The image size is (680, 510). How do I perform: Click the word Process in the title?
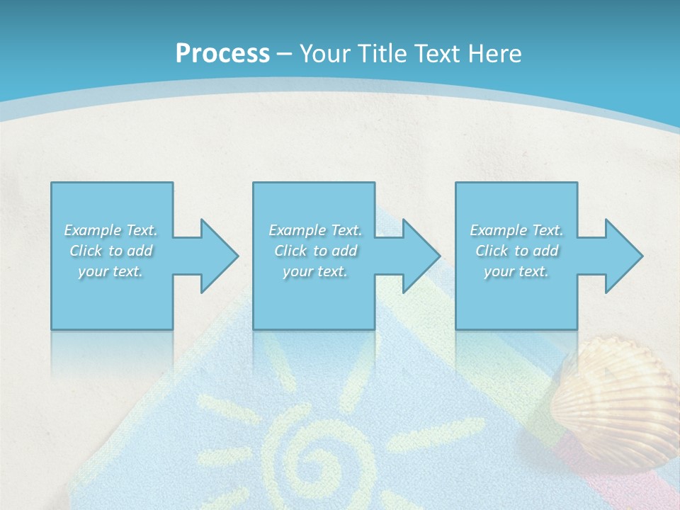[x=222, y=54]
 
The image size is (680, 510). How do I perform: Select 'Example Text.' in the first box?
[x=111, y=230]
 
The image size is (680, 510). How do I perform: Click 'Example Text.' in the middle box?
[x=315, y=230]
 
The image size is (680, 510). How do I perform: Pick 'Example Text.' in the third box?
[x=516, y=230]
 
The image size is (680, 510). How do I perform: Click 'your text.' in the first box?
[x=111, y=271]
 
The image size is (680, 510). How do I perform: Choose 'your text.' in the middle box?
[x=315, y=271]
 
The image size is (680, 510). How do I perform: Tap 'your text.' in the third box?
[x=516, y=271]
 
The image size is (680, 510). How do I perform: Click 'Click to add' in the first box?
[x=111, y=251]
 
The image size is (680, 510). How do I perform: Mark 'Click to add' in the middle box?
[x=315, y=251]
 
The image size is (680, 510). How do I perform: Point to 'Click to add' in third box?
[x=516, y=251]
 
